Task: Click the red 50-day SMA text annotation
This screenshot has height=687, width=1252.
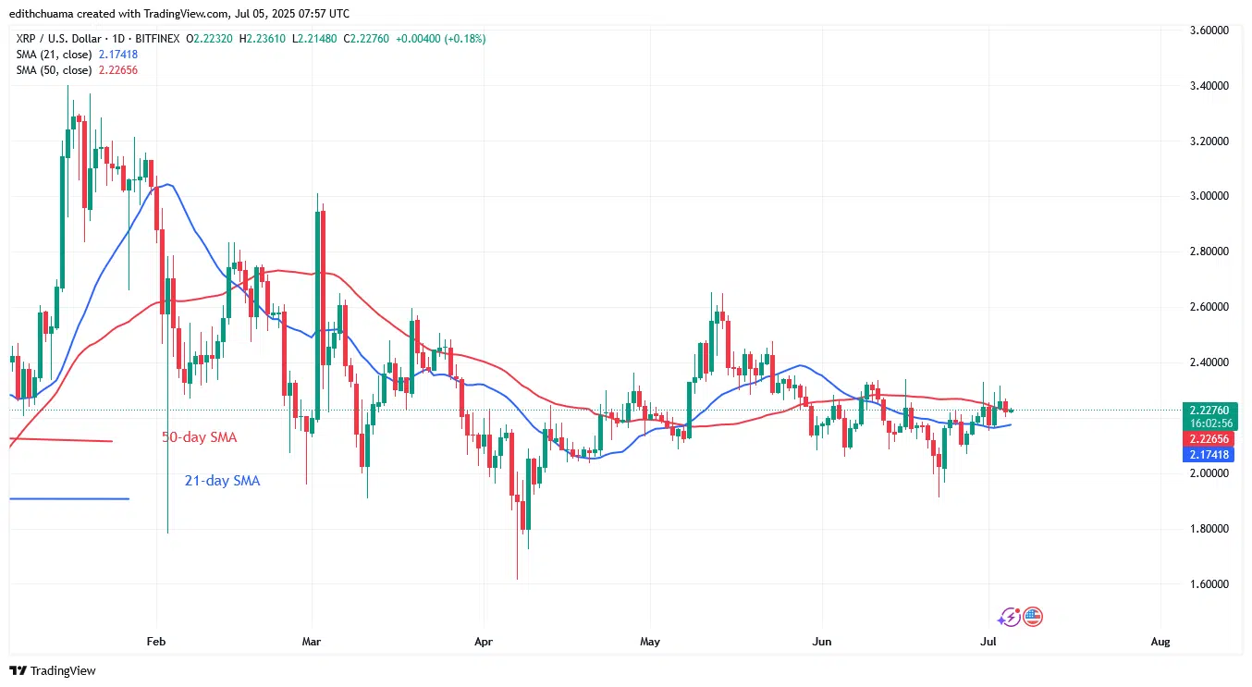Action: pos(201,437)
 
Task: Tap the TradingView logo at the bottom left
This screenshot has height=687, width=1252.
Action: pos(53,670)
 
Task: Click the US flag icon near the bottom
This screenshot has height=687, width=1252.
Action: pos(1033,617)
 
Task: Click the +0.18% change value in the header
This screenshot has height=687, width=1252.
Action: pos(465,39)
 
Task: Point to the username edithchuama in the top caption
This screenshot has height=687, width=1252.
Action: pos(45,14)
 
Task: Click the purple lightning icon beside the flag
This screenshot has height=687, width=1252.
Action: pos(1010,617)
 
